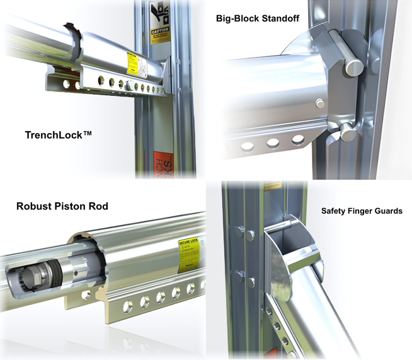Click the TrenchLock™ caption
point(59,135)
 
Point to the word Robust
point(35,206)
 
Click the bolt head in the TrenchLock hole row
point(130,85)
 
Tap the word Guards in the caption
point(388,211)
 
